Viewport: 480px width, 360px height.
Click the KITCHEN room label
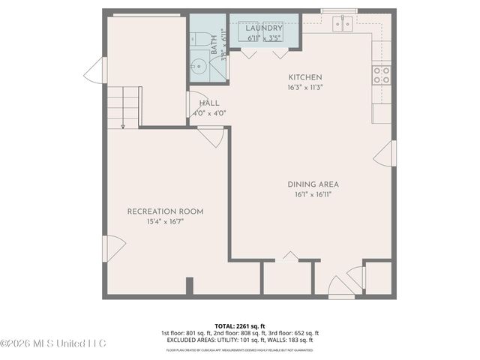point(305,77)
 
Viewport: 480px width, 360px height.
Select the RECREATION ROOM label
point(165,211)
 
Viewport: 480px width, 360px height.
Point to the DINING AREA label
point(313,184)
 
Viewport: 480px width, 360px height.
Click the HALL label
point(209,103)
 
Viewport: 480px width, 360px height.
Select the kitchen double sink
point(342,25)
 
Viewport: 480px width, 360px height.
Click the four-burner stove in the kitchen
point(381,74)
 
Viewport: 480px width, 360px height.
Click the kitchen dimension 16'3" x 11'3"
point(305,88)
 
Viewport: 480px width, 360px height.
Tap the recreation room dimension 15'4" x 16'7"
point(165,222)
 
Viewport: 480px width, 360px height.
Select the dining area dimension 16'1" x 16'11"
point(313,194)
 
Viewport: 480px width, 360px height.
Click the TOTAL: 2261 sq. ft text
point(240,325)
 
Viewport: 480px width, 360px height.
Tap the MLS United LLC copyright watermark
point(54,343)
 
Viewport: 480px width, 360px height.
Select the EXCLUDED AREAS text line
point(240,340)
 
